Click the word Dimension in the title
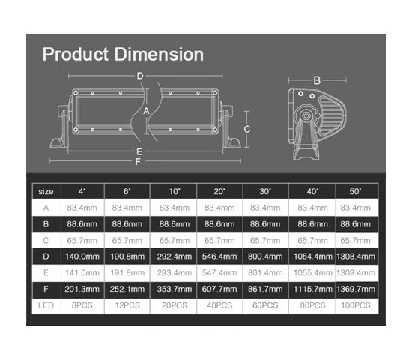pos(159,55)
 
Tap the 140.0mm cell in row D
pos(82,256)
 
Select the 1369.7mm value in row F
pos(356,289)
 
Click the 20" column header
pos(219,191)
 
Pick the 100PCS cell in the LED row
pos(356,305)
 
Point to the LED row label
pos(46,305)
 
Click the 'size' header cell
pos(46,191)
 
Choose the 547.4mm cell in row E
pos(219,273)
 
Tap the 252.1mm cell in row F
pos(127,289)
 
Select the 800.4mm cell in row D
pos(265,256)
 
